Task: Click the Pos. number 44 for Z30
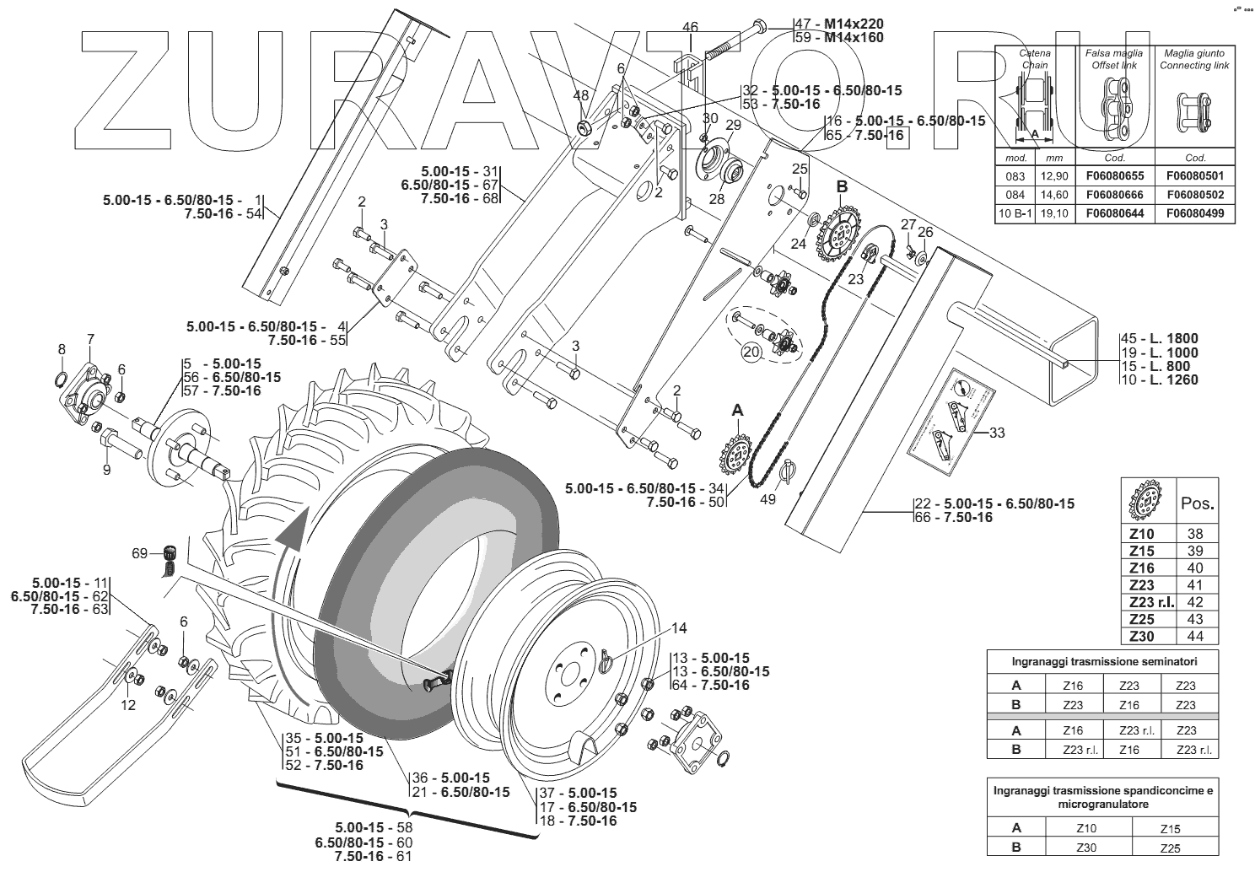1195,636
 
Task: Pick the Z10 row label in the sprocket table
1142,534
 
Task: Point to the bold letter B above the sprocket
842,186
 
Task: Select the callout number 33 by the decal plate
997,433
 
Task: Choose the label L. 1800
1167,339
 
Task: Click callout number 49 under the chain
767,498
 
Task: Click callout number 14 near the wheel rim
680,628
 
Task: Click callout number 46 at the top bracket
690,27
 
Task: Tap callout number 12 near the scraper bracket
127,705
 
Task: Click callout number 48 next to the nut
581,96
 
